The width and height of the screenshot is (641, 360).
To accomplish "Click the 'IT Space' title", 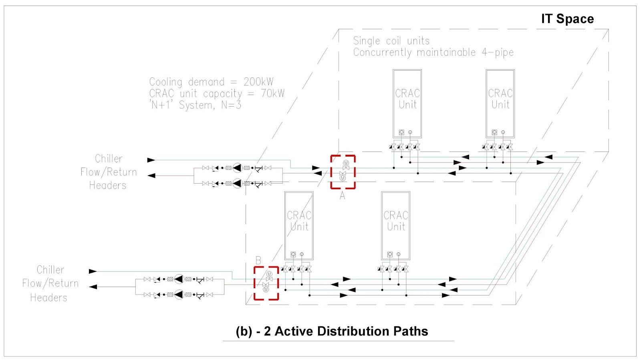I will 567,19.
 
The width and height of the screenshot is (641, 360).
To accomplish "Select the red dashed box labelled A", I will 343,172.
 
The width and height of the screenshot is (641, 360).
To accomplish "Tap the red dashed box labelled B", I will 266,283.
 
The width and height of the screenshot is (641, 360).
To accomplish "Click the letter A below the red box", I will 342,196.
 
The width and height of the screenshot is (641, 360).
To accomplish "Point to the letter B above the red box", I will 258,261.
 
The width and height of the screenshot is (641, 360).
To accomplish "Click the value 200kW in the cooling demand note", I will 258,82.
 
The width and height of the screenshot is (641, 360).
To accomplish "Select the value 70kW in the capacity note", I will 272,93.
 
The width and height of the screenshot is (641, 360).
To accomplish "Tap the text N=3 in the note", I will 231,105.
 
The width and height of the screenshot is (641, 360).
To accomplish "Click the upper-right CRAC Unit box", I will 500,103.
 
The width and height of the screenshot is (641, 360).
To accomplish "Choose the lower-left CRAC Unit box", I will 299,225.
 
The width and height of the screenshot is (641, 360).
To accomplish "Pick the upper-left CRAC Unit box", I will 407,103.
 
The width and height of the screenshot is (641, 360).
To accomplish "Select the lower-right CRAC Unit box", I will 396,225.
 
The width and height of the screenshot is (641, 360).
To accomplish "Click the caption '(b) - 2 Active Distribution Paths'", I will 332,331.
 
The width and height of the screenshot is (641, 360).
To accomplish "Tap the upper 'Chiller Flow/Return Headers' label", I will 108,172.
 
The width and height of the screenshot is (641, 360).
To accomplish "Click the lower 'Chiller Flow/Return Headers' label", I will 50,283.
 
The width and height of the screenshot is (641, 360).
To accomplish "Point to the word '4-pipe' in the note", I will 498,53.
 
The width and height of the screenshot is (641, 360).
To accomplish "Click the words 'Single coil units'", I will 391,41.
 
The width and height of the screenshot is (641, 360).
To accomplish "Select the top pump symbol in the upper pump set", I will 237,168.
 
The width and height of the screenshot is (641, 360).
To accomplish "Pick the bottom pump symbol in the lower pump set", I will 179,295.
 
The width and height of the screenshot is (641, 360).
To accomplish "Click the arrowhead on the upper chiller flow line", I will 151,160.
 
